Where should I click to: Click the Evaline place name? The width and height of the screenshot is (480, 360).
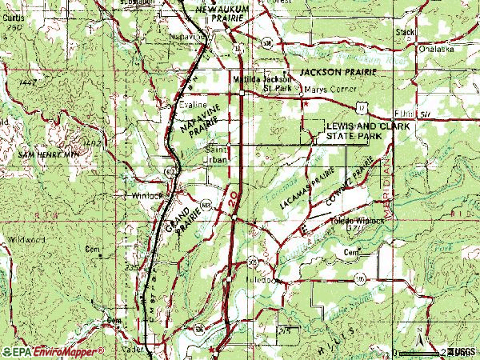(x=194, y=105)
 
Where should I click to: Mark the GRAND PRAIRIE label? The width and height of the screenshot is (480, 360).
(x=177, y=226)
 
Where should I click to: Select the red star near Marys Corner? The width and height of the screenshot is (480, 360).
(x=304, y=102)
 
